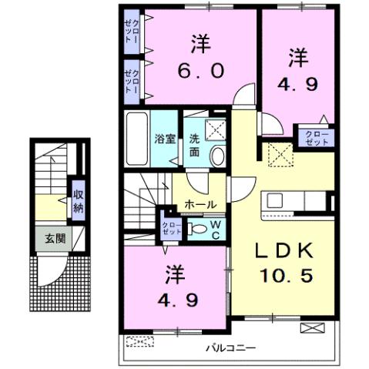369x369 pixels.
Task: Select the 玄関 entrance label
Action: pos(55,239)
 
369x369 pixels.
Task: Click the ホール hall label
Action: pos(200,205)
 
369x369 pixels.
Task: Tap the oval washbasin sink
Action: pos(217,156)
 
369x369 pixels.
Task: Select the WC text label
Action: pos(218,229)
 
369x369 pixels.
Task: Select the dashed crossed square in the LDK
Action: pos(280,155)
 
